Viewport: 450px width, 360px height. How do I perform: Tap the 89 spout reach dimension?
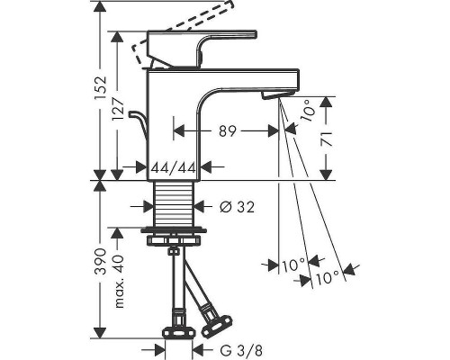[227, 131]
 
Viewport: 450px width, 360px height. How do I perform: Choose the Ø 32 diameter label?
[232, 206]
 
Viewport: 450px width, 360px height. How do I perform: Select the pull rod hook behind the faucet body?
[137, 121]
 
